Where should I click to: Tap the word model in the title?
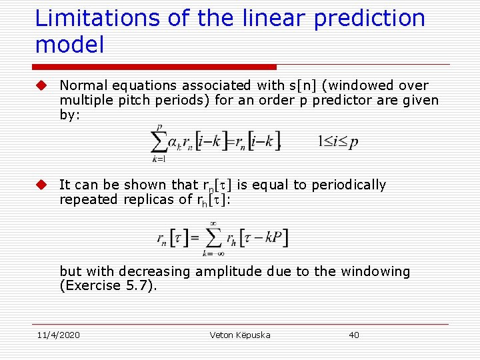click(69, 45)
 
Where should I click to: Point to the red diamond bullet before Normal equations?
click(41, 85)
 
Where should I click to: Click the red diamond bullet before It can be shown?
click(41, 185)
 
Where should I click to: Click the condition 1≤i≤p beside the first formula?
click(337, 141)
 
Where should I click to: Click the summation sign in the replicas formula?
click(213, 237)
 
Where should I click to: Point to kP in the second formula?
click(273, 237)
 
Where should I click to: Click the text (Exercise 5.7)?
click(109, 286)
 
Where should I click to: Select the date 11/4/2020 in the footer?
click(58, 335)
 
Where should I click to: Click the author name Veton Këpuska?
click(239, 335)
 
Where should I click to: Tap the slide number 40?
click(354, 335)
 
